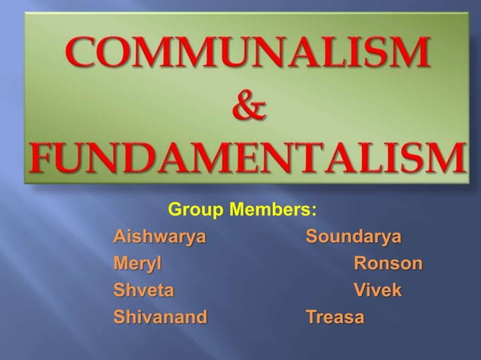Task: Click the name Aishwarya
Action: tap(159, 239)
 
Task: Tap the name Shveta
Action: tap(143, 291)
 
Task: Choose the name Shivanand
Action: tap(159, 317)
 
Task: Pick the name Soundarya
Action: tap(354, 239)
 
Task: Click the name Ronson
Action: tap(388, 265)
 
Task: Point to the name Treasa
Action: tap(334, 317)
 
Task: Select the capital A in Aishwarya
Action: tap(119, 239)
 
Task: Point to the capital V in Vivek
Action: tap(360, 291)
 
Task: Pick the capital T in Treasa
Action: tap(311, 317)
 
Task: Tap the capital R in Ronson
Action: tap(361, 265)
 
